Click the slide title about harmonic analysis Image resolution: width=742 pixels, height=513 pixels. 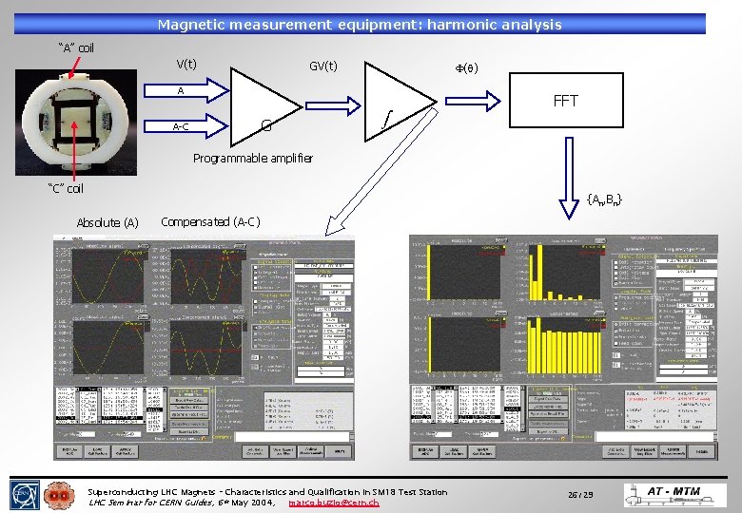click(x=360, y=25)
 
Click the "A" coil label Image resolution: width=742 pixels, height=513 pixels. click(x=75, y=47)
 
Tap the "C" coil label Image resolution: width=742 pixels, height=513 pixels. click(x=66, y=188)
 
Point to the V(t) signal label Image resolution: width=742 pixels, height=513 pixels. click(x=185, y=65)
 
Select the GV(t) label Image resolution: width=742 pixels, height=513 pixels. click(x=322, y=66)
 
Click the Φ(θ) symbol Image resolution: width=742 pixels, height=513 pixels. click(x=465, y=67)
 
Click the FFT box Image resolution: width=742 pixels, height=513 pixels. click(x=565, y=101)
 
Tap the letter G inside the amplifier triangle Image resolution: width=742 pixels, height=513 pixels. click(x=266, y=124)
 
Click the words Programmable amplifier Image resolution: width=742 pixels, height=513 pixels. click(x=252, y=158)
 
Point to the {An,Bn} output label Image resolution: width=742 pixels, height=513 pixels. click(x=604, y=199)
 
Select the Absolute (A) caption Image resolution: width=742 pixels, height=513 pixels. click(x=107, y=222)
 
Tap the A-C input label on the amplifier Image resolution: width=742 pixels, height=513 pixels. click(x=180, y=126)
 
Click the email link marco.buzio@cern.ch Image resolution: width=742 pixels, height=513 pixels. click(x=333, y=502)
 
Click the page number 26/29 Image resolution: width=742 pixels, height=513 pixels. click(x=580, y=495)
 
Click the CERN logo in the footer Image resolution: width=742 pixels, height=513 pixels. click(x=24, y=495)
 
